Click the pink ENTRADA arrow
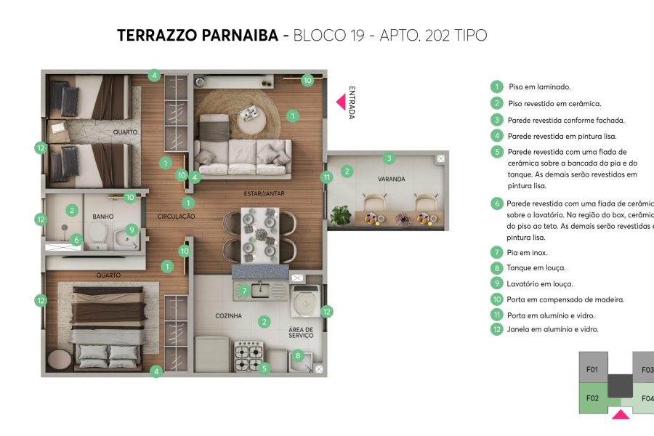tap(339, 102)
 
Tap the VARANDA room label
tap(391, 179)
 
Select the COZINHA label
tap(229, 316)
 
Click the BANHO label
tap(103, 217)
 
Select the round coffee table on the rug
tap(252, 113)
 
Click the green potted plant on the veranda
tap(339, 216)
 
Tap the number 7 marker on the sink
tap(245, 291)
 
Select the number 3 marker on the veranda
tap(389, 158)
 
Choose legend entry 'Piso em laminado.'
tap(539, 86)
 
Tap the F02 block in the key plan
tap(592, 397)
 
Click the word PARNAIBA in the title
tap(237, 35)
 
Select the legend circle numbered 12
tap(497, 329)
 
